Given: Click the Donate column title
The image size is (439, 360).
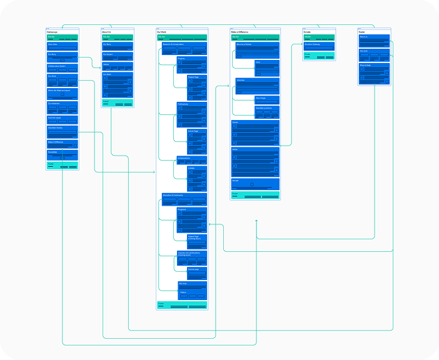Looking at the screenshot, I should coord(307,31).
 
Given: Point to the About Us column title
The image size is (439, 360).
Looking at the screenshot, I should coord(106,31).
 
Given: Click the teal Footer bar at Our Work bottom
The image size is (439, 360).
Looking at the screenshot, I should coord(182,305).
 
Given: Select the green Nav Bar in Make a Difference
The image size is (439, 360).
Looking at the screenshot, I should coord(255,37).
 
